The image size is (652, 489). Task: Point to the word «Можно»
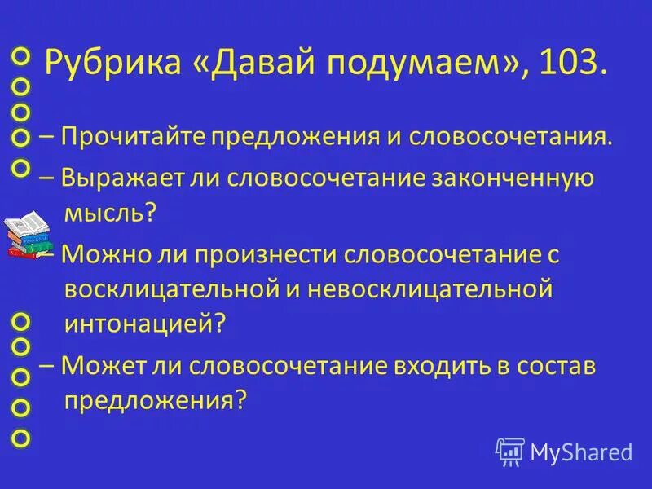point(102,254)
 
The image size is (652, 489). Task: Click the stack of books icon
point(27,234)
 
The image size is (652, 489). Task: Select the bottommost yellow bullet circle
point(21,438)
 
